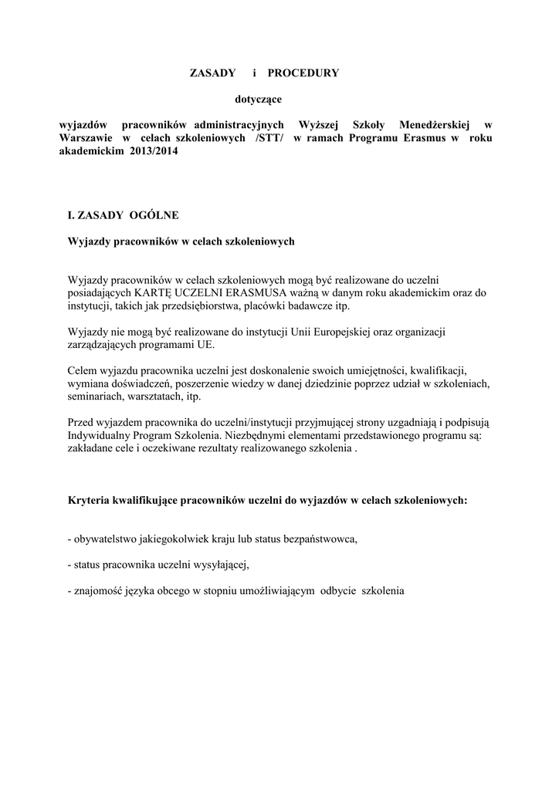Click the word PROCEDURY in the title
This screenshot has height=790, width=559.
303,73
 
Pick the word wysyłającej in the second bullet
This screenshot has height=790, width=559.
221,565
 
